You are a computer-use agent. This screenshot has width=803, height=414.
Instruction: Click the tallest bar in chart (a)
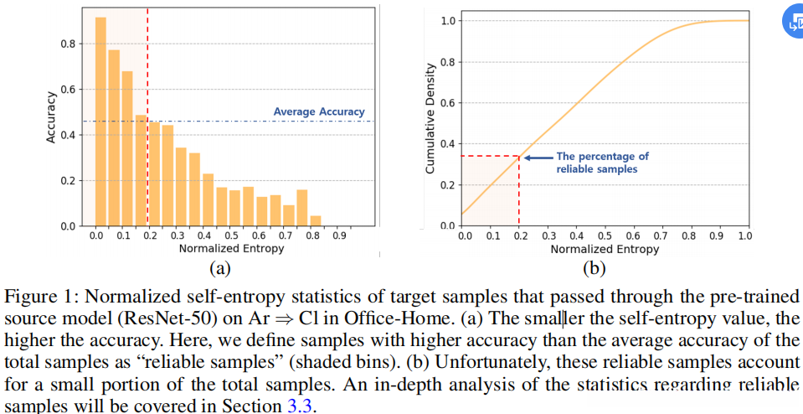(100, 122)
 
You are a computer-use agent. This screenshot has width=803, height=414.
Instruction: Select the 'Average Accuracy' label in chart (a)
(319, 111)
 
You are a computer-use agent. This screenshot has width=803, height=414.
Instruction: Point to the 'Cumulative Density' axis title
(430, 117)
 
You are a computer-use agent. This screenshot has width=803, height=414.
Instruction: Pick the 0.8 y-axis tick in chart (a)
(66, 44)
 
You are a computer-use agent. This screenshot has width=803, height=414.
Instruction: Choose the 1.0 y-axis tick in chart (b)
(447, 20)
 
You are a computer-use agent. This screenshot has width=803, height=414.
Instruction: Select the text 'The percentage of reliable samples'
(602, 163)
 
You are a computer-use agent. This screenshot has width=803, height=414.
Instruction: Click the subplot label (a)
(220, 268)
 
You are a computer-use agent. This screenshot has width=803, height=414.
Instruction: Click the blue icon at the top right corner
(793, 23)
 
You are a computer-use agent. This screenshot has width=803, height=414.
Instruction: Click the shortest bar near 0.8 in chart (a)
(316, 220)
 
